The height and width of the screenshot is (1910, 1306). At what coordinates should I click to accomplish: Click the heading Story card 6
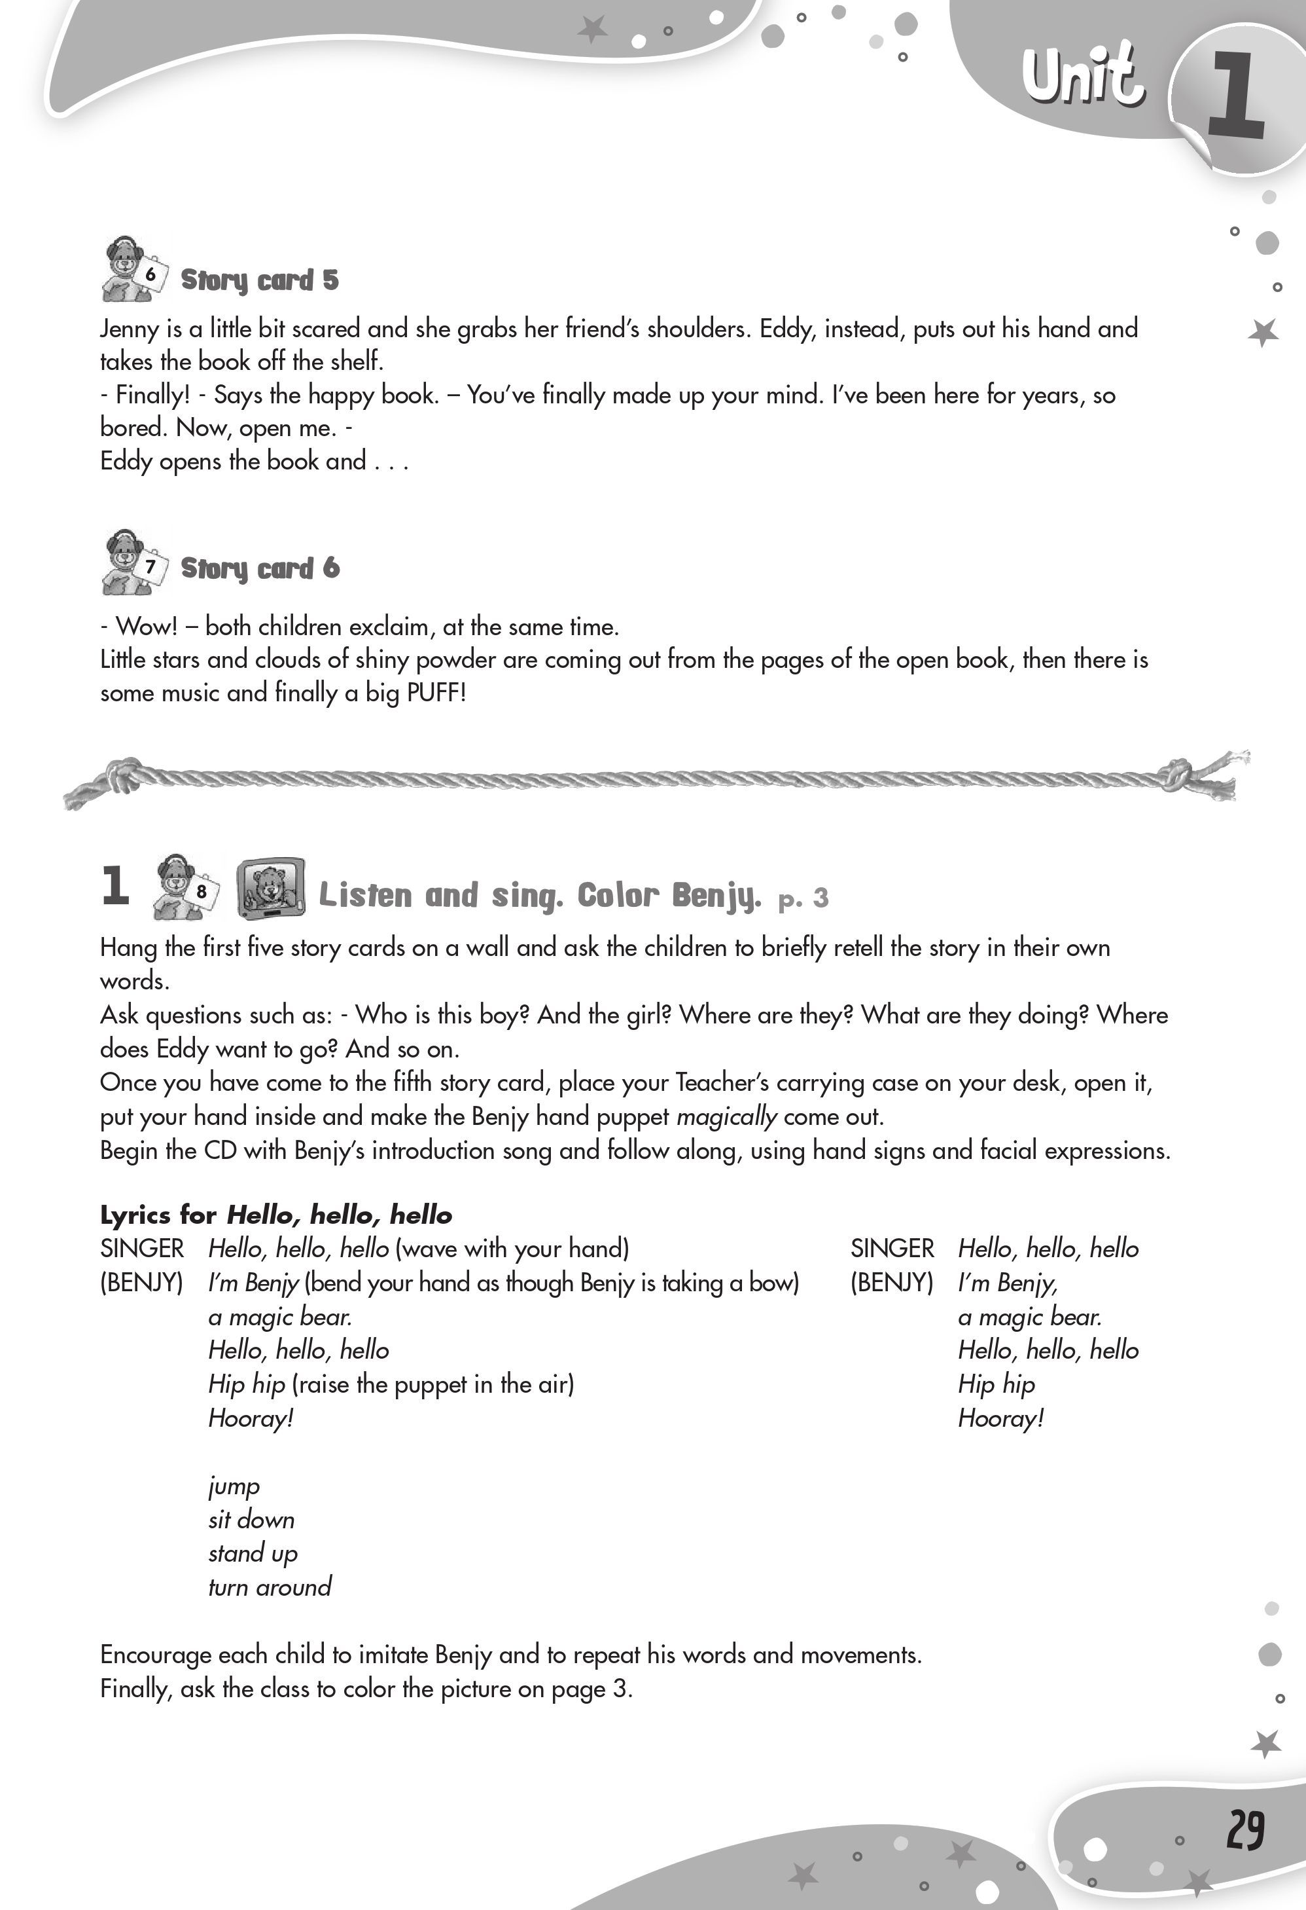click(x=260, y=568)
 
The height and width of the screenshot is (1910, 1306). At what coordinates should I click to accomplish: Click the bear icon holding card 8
click(x=184, y=887)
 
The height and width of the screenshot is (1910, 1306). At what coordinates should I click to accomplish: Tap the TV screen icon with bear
click(x=270, y=889)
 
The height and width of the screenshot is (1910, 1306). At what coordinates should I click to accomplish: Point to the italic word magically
click(x=726, y=1116)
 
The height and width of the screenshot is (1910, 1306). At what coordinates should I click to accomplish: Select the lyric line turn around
click(x=270, y=1587)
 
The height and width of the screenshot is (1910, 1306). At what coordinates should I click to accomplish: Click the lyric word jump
click(x=234, y=1486)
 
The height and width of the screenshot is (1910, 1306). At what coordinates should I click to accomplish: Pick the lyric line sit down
click(x=251, y=1520)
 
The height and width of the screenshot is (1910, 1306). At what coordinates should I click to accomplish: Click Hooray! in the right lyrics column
click(x=1000, y=1418)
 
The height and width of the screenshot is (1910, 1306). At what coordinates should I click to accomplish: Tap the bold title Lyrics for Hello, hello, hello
click(x=276, y=1215)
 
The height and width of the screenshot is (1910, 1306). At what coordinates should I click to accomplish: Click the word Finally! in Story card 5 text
click(x=152, y=395)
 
